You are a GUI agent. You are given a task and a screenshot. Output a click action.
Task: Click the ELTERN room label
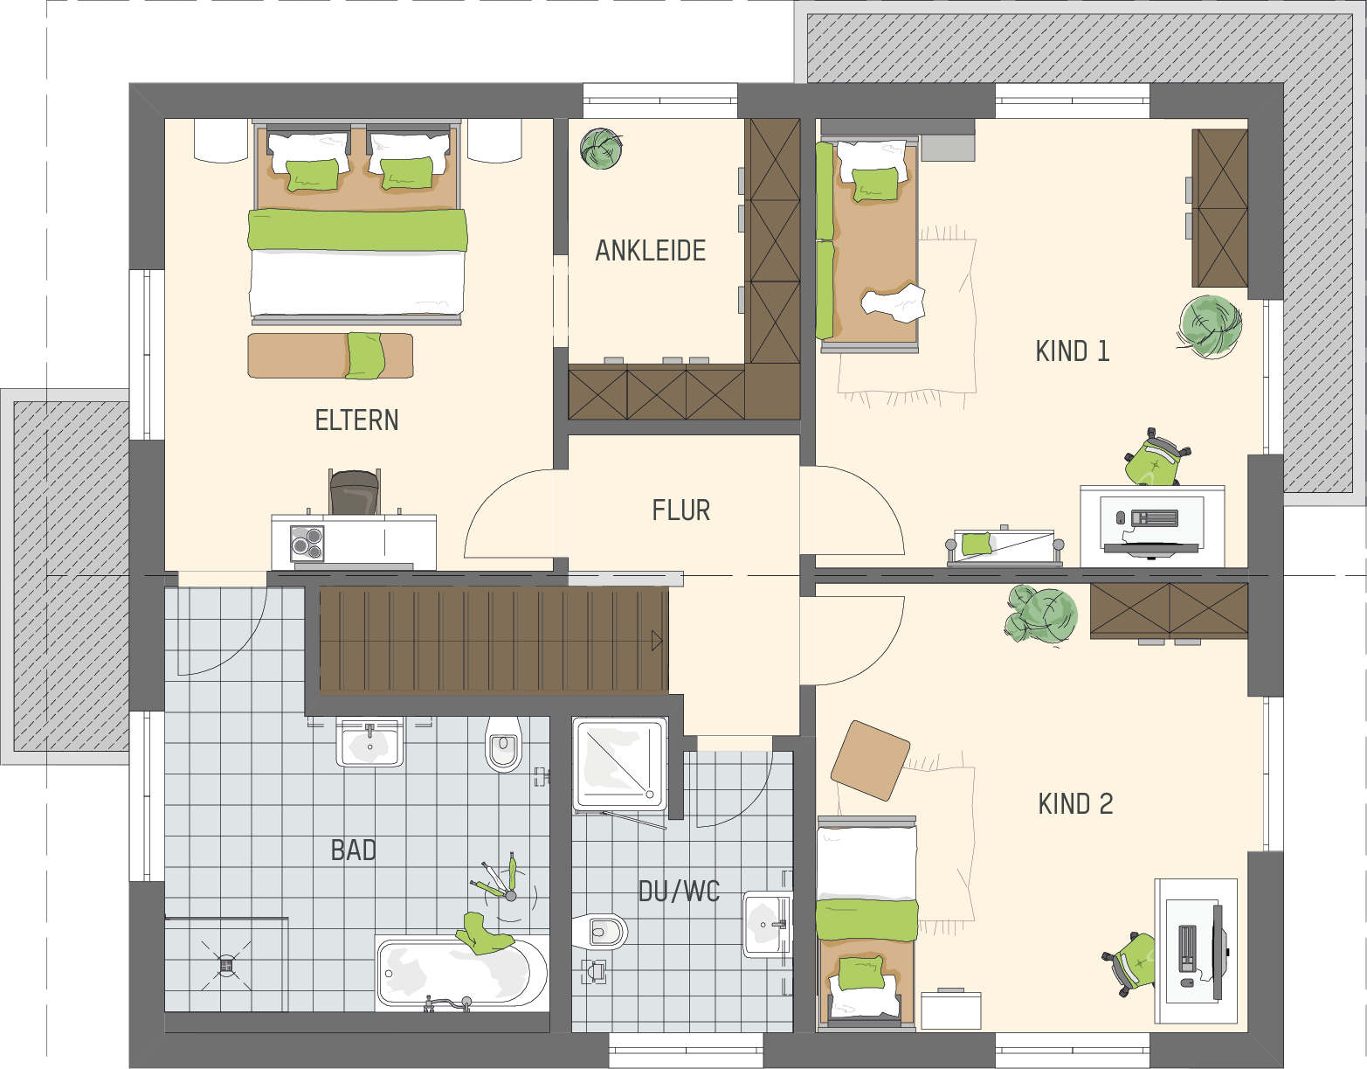point(356,420)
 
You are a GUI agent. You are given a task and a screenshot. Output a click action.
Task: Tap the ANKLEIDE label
point(651,250)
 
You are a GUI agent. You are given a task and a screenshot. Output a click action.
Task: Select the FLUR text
point(680,510)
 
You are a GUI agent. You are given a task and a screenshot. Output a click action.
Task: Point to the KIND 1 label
point(1073,351)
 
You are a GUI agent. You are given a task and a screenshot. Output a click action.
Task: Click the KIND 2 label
point(1075,804)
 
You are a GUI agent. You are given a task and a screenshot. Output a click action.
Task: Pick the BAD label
point(354,850)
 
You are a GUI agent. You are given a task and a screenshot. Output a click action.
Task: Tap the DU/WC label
point(679,892)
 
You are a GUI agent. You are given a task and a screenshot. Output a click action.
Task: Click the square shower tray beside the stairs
point(620,763)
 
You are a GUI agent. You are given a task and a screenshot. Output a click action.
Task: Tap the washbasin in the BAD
point(369,741)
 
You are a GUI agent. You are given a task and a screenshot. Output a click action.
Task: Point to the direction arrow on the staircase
point(657,642)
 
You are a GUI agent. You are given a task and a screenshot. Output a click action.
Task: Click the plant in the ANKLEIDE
point(602,149)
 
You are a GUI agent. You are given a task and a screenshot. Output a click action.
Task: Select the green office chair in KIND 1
point(1156,457)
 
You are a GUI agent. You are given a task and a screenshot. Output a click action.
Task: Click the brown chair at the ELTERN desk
point(355,492)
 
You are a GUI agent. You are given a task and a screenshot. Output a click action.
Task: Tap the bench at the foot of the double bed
point(330,356)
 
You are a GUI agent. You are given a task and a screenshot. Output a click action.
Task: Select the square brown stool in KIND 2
point(870,760)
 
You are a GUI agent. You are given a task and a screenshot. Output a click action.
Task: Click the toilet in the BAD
point(504,745)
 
